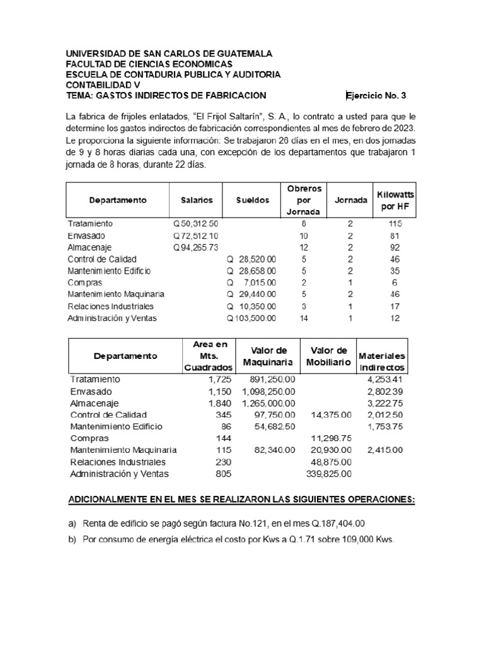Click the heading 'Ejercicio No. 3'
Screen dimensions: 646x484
(x=377, y=96)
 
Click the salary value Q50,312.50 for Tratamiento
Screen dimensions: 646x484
(x=195, y=224)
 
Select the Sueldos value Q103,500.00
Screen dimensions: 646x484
(x=251, y=319)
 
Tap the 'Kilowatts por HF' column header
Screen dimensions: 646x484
(x=395, y=200)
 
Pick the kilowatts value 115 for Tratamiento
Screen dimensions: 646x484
(x=395, y=224)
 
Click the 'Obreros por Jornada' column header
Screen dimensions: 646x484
(x=304, y=200)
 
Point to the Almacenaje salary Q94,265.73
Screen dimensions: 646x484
(x=195, y=247)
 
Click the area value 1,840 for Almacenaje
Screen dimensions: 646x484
(x=220, y=403)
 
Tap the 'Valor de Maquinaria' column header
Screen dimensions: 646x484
(x=269, y=356)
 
